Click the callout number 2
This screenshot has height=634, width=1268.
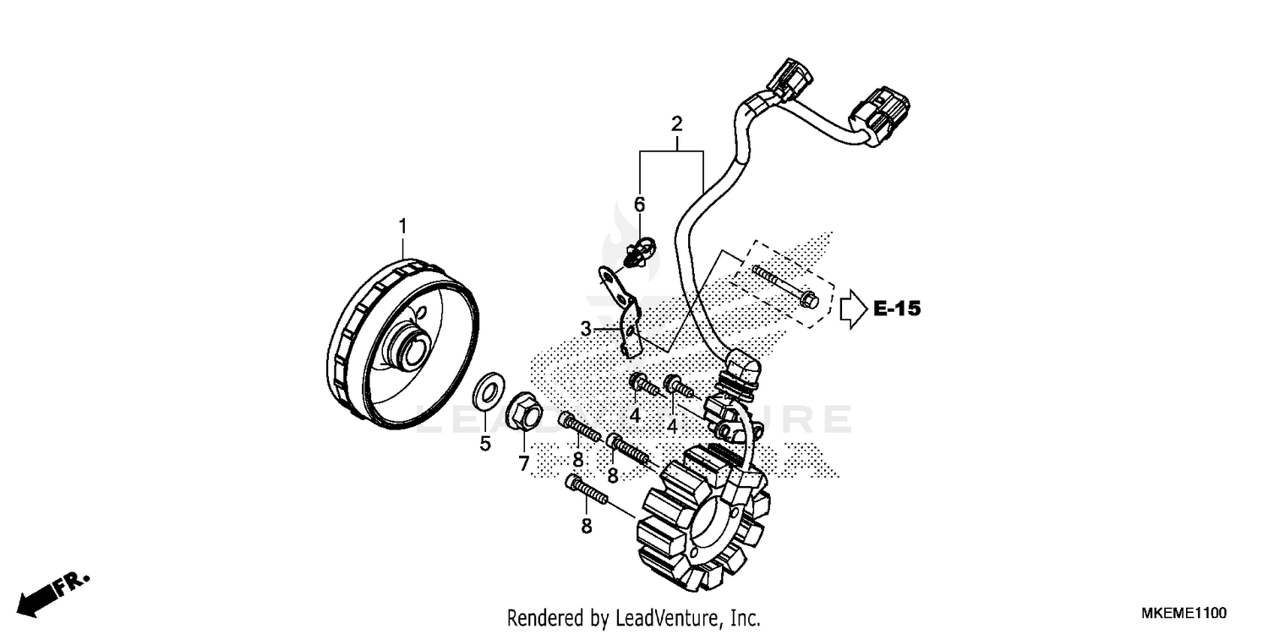pyautogui.click(x=676, y=123)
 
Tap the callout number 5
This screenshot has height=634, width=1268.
pyautogui.click(x=485, y=444)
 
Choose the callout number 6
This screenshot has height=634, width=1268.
pyautogui.click(x=639, y=204)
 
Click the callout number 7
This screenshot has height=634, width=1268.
pyautogui.click(x=523, y=462)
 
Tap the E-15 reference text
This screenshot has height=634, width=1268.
pyautogui.click(x=896, y=309)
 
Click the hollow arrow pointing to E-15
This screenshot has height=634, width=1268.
pyautogui.click(x=852, y=309)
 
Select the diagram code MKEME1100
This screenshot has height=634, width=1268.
pyautogui.click(x=1184, y=613)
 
